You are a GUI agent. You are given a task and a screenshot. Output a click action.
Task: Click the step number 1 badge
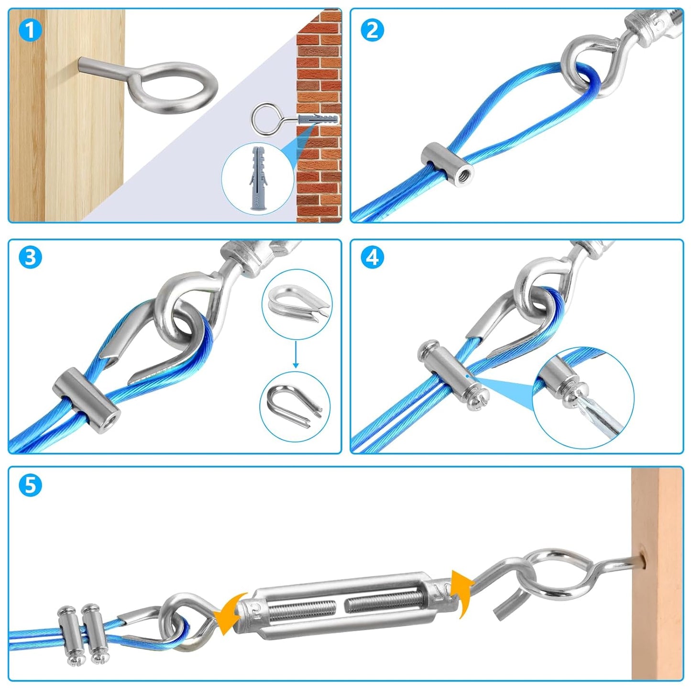point(30,31)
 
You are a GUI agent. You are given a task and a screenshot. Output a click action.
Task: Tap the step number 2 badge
point(372,31)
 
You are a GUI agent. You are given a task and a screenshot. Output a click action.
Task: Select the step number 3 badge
point(30,258)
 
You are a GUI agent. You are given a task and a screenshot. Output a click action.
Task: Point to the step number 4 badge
point(372,258)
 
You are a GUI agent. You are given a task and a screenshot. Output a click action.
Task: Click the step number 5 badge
point(30,485)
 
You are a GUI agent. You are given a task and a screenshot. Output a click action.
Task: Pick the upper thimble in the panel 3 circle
point(296,301)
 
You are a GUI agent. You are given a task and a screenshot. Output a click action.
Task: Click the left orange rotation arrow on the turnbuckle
point(229,614)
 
